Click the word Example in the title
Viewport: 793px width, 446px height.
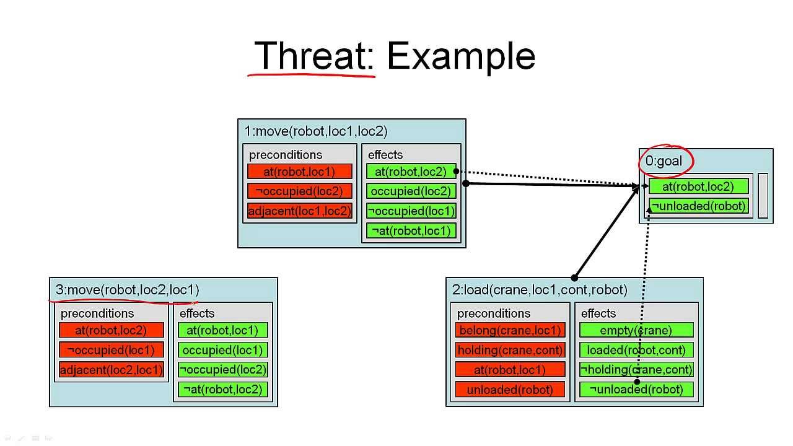(461, 56)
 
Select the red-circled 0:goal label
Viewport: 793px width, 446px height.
(664, 161)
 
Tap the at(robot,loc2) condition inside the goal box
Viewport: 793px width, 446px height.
(698, 186)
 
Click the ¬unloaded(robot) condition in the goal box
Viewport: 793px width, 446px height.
(698, 206)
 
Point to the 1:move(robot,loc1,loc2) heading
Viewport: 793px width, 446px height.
(316, 131)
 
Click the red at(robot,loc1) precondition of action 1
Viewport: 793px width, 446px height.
(299, 172)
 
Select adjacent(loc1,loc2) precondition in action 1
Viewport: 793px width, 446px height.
(299, 211)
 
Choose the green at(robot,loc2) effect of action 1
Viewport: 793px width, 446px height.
(411, 172)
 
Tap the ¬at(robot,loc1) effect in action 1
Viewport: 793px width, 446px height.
(411, 231)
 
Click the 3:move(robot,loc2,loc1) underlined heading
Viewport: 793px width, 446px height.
(128, 290)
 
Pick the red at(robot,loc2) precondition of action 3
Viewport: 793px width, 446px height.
(112, 330)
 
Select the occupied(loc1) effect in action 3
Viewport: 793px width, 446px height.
(222, 350)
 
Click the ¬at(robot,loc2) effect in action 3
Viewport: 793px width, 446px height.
(222, 390)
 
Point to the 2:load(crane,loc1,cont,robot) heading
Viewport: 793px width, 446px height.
(540, 290)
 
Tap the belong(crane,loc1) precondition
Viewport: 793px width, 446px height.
(510, 330)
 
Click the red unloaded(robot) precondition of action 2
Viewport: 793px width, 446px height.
(510, 390)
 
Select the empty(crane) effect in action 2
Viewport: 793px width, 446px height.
(636, 330)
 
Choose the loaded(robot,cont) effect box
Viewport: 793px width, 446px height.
(636, 350)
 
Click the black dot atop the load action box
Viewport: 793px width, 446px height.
(574, 278)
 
